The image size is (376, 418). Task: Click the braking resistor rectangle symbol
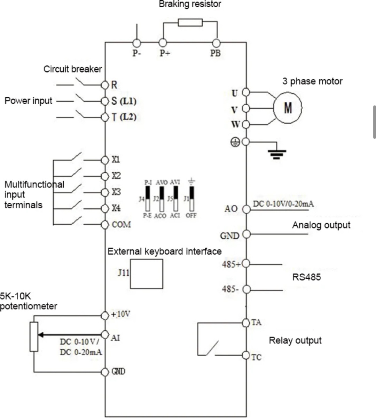coord(190,23)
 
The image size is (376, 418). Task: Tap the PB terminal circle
coord(216,43)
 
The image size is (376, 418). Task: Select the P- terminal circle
coord(137,43)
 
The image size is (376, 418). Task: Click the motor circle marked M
coord(288,108)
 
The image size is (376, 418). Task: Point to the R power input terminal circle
coord(105,85)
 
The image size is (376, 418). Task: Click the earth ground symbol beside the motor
coord(277,154)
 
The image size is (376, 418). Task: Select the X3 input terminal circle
coord(105,192)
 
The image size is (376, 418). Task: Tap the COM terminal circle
coord(105,225)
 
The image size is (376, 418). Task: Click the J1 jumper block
coord(191,199)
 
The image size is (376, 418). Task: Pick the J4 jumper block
coord(148,199)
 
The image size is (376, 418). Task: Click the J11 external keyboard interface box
coord(147,274)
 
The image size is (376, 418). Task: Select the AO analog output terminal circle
coord(246,209)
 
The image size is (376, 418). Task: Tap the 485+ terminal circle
coord(246,264)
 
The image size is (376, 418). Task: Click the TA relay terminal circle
coord(246,323)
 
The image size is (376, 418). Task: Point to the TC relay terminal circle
coord(246,355)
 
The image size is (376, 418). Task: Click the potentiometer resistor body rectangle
coord(34,337)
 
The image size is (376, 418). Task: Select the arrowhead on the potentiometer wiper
coord(41,335)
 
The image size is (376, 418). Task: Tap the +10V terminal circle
coord(105,316)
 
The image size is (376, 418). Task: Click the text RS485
coord(306,277)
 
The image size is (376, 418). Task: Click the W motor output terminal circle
coord(246,125)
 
